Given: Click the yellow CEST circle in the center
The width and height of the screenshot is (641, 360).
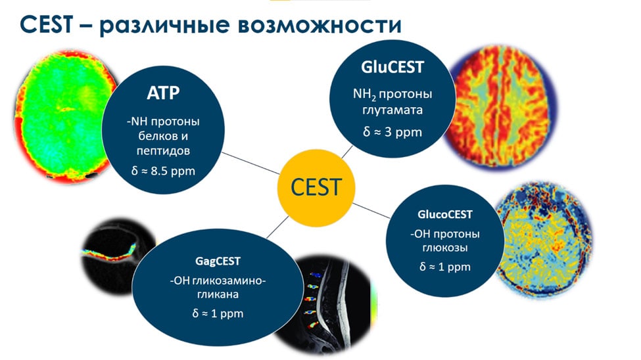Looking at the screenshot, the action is [316, 188].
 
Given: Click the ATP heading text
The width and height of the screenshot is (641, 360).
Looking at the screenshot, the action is [163, 93].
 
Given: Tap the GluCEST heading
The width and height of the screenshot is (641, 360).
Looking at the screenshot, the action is [392, 67].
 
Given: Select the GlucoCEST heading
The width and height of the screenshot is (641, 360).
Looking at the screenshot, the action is [445, 214].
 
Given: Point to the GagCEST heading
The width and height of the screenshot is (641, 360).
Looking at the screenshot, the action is [218, 261].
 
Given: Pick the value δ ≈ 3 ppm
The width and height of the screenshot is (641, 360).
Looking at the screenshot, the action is [392, 132].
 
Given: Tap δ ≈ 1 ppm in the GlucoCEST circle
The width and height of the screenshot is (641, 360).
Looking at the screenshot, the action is [445, 267].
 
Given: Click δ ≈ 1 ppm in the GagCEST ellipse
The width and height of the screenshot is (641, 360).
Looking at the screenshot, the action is [218, 313].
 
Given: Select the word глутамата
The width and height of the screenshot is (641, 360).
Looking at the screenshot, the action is [392, 110].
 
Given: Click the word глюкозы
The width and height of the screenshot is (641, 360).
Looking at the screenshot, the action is [445, 248].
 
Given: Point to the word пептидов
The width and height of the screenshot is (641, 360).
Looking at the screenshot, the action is [163, 151].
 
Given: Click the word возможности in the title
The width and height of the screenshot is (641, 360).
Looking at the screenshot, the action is [320, 25].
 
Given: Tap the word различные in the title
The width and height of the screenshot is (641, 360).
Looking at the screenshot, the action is [164, 26].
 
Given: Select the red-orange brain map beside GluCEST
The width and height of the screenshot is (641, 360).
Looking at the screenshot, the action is [501, 106].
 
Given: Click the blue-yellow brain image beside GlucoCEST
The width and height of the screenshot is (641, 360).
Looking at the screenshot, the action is [544, 238].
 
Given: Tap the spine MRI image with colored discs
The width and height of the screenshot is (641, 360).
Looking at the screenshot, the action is [325, 304].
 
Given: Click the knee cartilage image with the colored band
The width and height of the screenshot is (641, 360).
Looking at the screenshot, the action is [116, 255].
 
